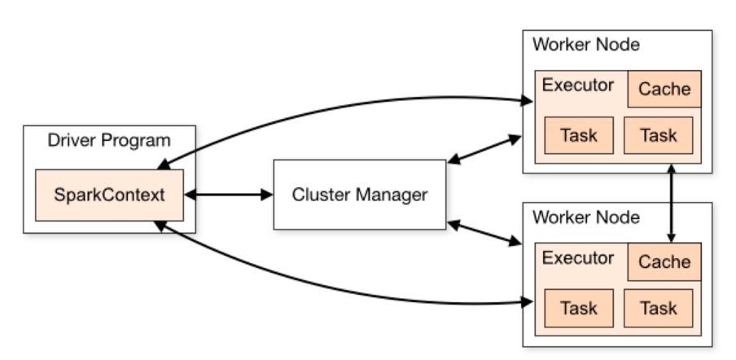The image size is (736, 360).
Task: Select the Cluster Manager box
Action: pyautogui.click(x=359, y=195)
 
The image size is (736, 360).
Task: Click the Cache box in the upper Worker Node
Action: pyautogui.click(x=664, y=89)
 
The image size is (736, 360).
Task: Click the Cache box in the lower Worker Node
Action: pyautogui.click(x=664, y=261)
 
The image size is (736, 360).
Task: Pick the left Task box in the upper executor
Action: pyautogui.click(x=578, y=134)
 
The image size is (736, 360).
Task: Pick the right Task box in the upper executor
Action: pyautogui.click(x=658, y=134)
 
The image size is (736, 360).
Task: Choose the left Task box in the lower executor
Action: pyautogui.click(x=578, y=308)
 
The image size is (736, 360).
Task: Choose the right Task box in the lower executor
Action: pyautogui.click(x=658, y=308)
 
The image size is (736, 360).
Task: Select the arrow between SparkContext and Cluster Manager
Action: pyautogui.click(x=228, y=195)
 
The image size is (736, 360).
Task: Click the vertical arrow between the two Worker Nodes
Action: pyautogui.click(x=672, y=204)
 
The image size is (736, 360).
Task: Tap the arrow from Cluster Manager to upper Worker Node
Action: pyautogui.click(x=484, y=148)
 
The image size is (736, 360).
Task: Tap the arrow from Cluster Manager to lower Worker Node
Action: pyautogui.click(x=484, y=232)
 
